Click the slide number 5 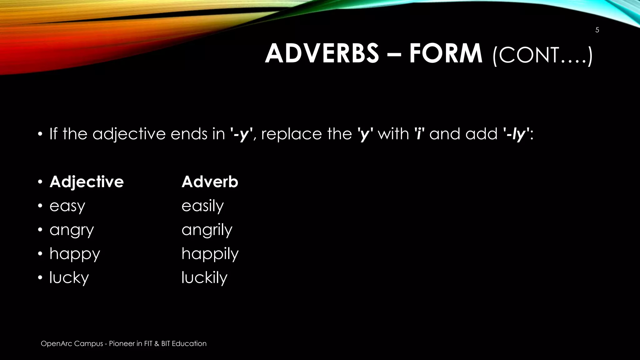[x=597, y=30]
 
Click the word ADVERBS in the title [x=322, y=53]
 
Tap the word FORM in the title [x=446, y=53]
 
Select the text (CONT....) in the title [x=542, y=55]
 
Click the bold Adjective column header [x=87, y=182]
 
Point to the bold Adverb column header [x=210, y=182]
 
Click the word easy [x=67, y=206]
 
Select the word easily [x=202, y=206]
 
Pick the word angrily [x=207, y=230]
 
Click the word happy [x=75, y=254]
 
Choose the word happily [x=210, y=254]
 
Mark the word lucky [x=69, y=277]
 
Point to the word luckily [x=204, y=277]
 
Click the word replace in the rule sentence [x=291, y=134]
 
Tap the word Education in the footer [x=189, y=343]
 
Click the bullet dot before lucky [x=40, y=277]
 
